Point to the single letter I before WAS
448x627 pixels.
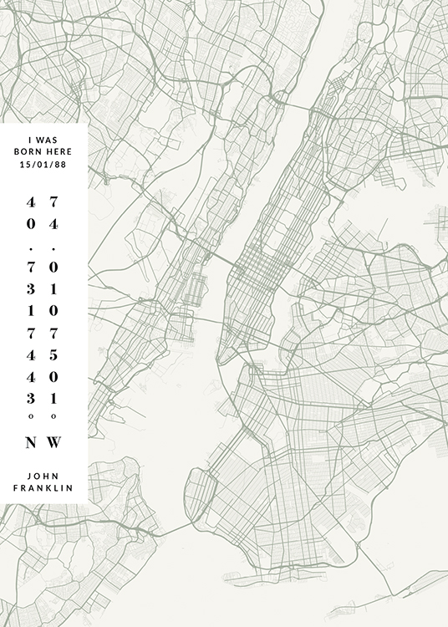point(30,140)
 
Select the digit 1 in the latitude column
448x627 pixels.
point(32,311)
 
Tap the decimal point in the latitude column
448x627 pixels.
point(32,248)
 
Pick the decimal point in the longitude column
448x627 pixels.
point(54,248)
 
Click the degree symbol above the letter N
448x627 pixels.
point(32,415)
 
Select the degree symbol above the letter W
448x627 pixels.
point(54,415)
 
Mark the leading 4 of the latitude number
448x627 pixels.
point(32,202)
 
